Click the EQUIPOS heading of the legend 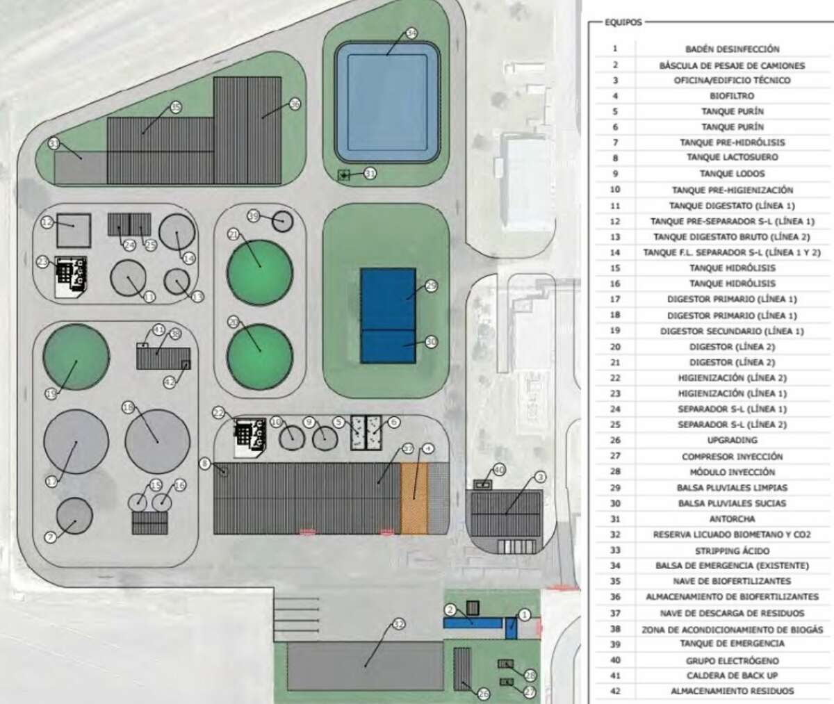coord(623,22)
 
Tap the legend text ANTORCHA coord(732,518)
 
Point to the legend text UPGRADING coord(732,440)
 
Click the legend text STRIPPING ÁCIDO coord(732,550)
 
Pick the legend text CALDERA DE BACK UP coord(732,676)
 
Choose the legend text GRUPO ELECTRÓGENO coord(732,660)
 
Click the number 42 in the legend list coord(614,691)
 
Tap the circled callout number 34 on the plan coord(411,33)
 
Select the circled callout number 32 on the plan coord(398,624)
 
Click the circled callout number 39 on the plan coord(254,217)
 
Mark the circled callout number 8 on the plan coord(204,463)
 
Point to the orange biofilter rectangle coord(414,498)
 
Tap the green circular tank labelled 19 coord(76,356)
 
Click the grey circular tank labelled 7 coord(74,517)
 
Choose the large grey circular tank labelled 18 coord(157,441)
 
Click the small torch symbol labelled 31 coord(343,175)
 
